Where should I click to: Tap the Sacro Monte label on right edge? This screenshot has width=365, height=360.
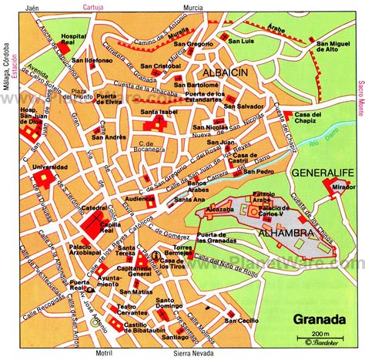tap(360, 100)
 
